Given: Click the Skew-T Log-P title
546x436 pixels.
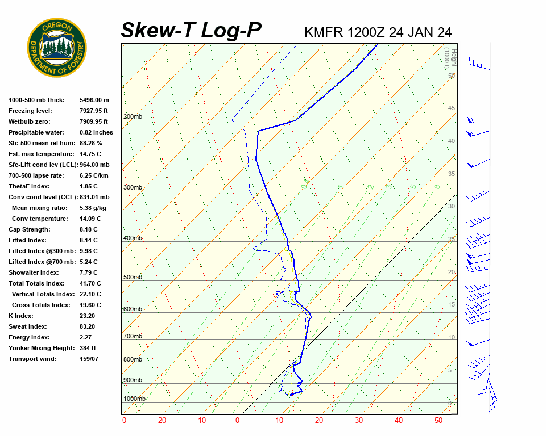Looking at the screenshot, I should [x=191, y=31].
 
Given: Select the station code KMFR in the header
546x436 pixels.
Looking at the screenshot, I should [x=324, y=32].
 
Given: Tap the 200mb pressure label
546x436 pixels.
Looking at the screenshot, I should [x=133, y=117].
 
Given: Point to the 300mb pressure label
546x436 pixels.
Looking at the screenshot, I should [x=133, y=187].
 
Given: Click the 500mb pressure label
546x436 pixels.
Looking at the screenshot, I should [x=133, y=277].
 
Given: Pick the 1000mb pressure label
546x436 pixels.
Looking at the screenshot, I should [x=134, y=399].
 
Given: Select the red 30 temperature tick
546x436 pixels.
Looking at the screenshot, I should [x=358, y=421].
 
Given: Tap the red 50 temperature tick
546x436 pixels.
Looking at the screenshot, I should [x=438, y=421].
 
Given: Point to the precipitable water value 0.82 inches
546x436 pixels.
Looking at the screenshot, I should [x=96, y=132].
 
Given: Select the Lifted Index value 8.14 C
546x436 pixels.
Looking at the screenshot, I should [x=88, y=240].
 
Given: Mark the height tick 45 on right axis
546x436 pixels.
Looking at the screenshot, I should [x=452, y=108].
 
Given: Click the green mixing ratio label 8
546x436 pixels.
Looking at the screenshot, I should [x=437, y=186].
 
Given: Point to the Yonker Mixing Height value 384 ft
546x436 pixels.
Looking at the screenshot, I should [x=88, y=348].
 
